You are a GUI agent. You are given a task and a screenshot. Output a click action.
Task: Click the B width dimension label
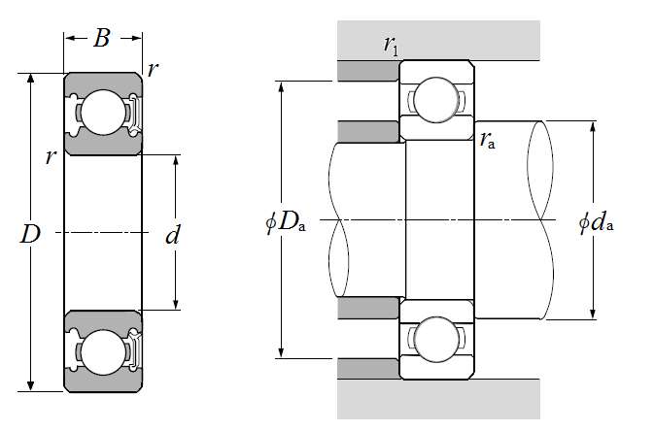(102, 39)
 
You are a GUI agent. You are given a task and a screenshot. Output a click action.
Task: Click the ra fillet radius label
(488, 140)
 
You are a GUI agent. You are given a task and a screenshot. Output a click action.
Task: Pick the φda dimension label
(596, 222)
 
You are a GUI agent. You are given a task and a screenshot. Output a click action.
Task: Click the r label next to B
(154, 69)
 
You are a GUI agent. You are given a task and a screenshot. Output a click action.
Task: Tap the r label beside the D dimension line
(51, 156)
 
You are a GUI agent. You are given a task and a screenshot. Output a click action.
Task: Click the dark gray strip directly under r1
(368, 71)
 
